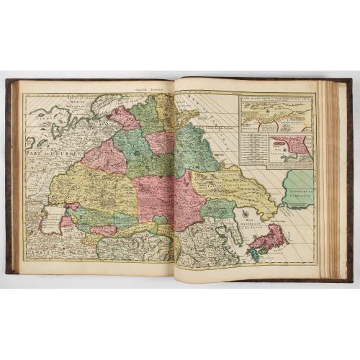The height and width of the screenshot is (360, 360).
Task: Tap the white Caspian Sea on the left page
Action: click(x=51, y=218)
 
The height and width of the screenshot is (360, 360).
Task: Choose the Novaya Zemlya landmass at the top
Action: click(x=108, y=101)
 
